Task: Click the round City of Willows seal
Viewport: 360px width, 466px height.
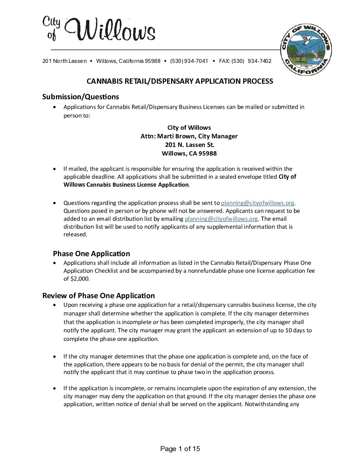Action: [306, 50]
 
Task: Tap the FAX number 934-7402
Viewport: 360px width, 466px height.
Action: [259, 61]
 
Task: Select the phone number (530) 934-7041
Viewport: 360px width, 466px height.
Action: [189, 61]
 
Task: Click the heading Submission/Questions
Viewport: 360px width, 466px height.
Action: [80, 97]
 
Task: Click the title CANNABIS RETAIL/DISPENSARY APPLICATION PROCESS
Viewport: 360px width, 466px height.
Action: [180, 81]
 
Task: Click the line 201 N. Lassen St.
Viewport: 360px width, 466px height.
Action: [189, 145]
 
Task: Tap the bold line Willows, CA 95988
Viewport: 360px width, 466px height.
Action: [189, 153]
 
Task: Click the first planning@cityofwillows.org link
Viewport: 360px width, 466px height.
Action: [257, 203]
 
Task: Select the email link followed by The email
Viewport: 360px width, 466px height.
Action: [221, 219]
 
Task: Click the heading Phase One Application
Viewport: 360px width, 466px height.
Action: [91, 254]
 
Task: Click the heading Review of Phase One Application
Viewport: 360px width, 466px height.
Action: [98, 296]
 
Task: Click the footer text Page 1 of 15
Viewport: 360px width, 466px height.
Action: [180, 449]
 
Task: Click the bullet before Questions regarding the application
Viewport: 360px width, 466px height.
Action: [55, 203]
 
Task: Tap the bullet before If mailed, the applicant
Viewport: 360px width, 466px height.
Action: [55, 169]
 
